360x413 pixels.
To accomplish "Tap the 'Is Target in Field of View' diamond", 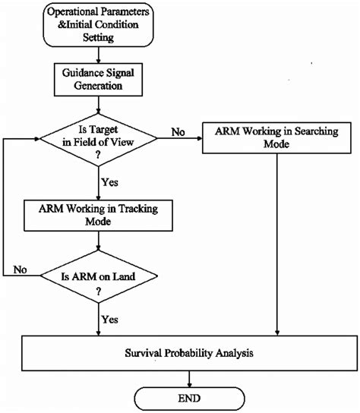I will click(x=99, y=140).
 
